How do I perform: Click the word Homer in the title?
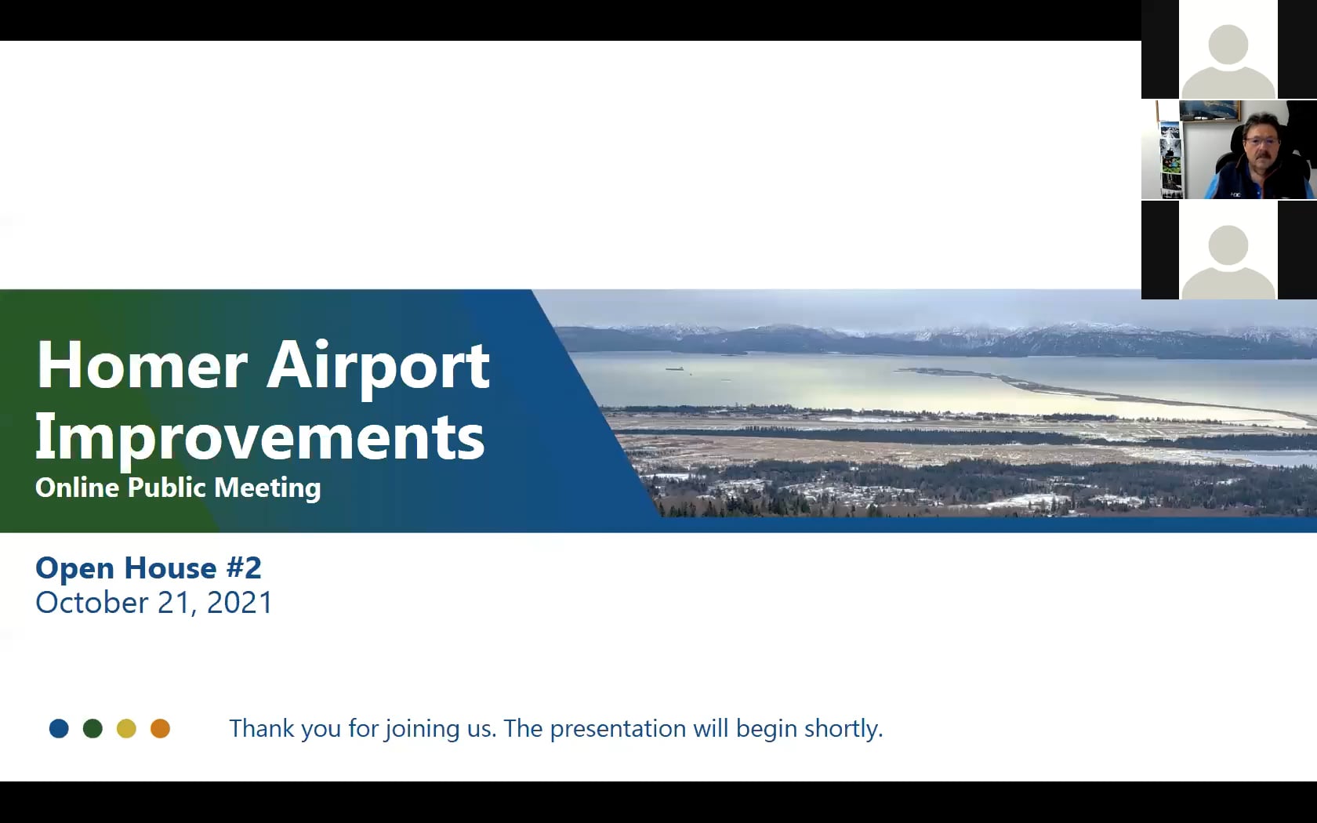142,365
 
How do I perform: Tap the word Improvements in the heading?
259,437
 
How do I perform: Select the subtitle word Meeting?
267,488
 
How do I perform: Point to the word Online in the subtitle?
77,488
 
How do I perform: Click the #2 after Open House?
242,567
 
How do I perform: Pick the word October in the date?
92,603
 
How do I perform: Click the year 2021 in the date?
239,603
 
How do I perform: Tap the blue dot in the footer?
59,729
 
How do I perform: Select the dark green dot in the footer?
93,729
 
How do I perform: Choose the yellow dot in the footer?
126,729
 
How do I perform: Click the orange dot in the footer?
160,729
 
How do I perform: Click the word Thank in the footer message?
262,728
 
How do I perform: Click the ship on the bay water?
675,368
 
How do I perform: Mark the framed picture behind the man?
1210,110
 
